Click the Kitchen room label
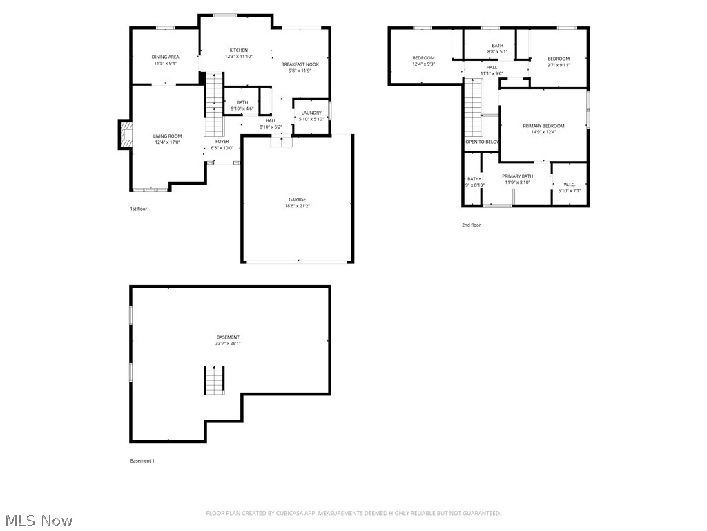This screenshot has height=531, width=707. tap(239, 50)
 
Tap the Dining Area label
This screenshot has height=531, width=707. tap(165, 57)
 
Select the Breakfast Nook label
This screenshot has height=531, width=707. tap(300, 64)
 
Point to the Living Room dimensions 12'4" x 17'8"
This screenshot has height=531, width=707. tap(167, 142)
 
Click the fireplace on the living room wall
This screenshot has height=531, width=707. tap(124, 135)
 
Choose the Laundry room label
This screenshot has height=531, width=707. tap(311, 113)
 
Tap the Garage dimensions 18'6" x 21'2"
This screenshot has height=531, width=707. tap(298, 206)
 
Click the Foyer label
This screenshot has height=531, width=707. tap(222, 141)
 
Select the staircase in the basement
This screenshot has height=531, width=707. tap(214, 380)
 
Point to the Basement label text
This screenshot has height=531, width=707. tap(228, 337)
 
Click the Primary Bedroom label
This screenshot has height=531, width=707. tap(543, 126)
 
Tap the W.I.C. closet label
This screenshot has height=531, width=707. tap(570, 184)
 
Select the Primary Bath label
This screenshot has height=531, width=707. tap(517, 176)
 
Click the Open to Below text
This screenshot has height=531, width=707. tap(482, 142)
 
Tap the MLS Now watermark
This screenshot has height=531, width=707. tap(39, 520)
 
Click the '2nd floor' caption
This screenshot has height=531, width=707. tap(472, 225)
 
